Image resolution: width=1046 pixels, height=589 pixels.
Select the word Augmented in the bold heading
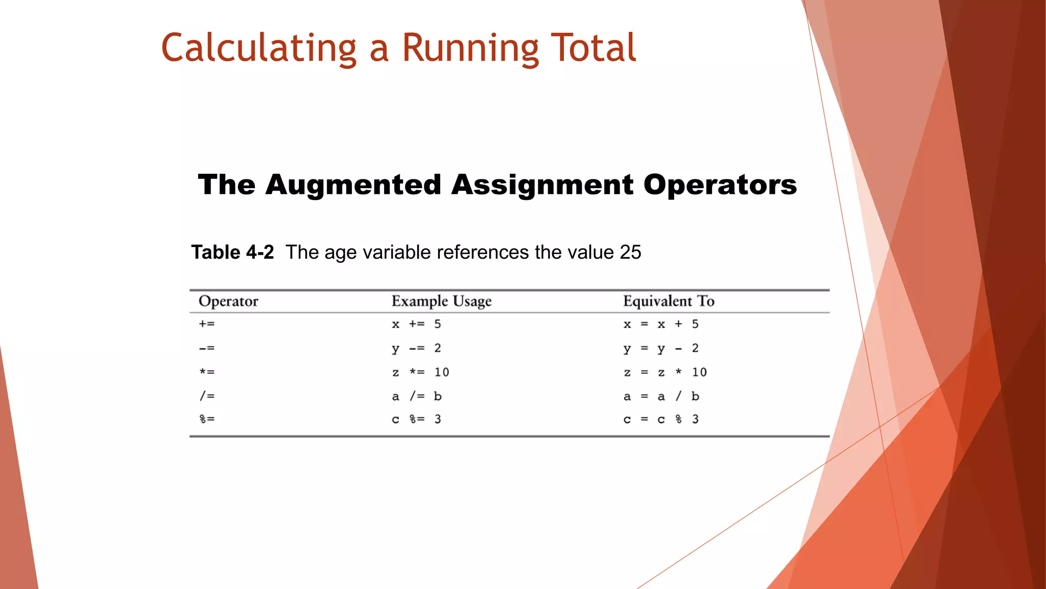pyautogui.click(x=353, y=185)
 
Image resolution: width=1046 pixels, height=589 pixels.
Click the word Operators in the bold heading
pyautogui.click(x=720, y=185)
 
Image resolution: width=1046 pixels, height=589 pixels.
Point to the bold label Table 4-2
pyautogui.click(x=232, y=252)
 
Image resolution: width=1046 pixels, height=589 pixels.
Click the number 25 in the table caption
pyautogui.click(x=630, y=252)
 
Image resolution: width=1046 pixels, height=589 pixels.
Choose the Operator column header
pyautogui.click(x=228, y=301)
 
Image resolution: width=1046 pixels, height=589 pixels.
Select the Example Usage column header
pyautogui.click(x=441, y=301)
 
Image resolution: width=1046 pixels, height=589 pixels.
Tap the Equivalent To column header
pyautogui.click(x=669, y=301)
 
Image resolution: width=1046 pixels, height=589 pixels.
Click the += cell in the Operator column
pyautogui.click(x=207, y=324)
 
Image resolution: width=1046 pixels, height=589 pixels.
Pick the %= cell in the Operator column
pyautogui.click(x=207, y=419)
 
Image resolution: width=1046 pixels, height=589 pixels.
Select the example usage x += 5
pyautogui.click(x=416, y=324)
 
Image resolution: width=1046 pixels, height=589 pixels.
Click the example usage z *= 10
pyautogui.click(x=420, y=372)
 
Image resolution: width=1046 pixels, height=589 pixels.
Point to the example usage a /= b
pyautogui.click(x=416, y=396)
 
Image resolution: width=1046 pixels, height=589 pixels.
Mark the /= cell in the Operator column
pyautogui.click(x=207, y=396)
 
